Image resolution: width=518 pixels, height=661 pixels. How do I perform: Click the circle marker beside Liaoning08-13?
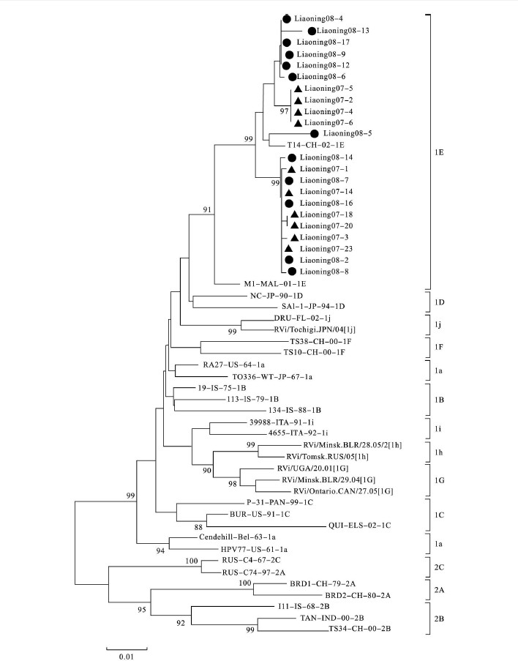[312, 31]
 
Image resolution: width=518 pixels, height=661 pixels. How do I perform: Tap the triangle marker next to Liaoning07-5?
[298, 89]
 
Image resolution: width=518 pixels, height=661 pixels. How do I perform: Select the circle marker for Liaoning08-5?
[315, 134]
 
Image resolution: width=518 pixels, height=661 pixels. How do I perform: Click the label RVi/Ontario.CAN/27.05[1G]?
[342, 491]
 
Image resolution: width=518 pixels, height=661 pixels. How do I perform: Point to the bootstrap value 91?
[207, 209]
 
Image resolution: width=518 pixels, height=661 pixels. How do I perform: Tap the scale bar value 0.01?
[127, 656]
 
